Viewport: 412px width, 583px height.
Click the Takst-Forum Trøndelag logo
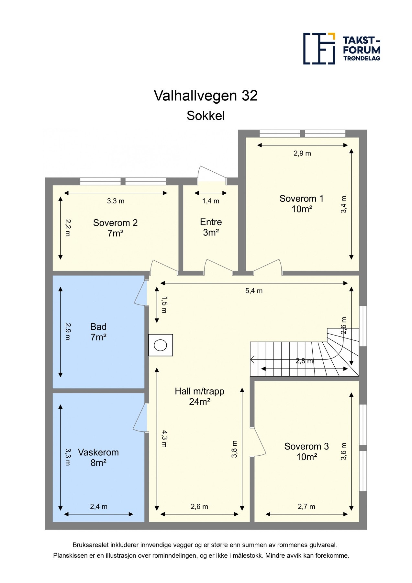tap(341, 49)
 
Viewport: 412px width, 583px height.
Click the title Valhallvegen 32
tap(206, 96)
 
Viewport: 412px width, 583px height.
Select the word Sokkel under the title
tap(206, 116)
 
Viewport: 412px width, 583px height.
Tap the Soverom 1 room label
tap(302, 203)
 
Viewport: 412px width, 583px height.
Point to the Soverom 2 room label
tap(115, 228)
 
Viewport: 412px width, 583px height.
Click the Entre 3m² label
tap(211, 227)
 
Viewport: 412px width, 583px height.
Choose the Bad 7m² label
tap(98, 332)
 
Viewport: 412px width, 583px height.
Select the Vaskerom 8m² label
tap(98, 457)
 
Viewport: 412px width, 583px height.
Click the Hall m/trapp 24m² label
tap(199, 396)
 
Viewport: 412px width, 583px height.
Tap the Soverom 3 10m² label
tap(306, 452)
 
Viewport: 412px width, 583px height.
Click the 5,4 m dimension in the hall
tap(254, 291)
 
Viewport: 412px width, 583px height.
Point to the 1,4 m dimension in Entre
tap(211, 201)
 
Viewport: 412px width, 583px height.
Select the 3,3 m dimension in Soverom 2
tap(116, 201)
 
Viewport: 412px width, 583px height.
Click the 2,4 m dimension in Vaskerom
tap(99, 507)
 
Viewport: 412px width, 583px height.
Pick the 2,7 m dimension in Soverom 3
tap(306, 507)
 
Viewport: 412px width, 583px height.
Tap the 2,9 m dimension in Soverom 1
tap(302, 154)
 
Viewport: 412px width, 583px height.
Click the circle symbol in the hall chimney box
tap(160, 345)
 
